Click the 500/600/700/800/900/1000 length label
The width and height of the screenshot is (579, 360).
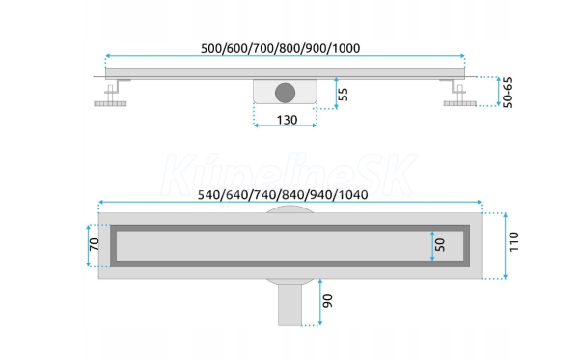click(280, 48)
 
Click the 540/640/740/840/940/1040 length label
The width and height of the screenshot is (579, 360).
click(283, 195)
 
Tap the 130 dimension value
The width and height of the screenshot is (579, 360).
click(287, 120)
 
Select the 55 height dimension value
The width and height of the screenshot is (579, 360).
click(343, 95)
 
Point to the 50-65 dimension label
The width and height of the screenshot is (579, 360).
click(509, 93)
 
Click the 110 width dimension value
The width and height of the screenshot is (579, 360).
click(513, 242)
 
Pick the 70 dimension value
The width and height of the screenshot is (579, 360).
click(95, 244)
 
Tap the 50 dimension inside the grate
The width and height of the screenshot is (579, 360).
click(440, 245)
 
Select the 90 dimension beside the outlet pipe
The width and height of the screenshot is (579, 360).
click(327, 301)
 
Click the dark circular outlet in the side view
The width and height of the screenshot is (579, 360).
click(285, 93)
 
